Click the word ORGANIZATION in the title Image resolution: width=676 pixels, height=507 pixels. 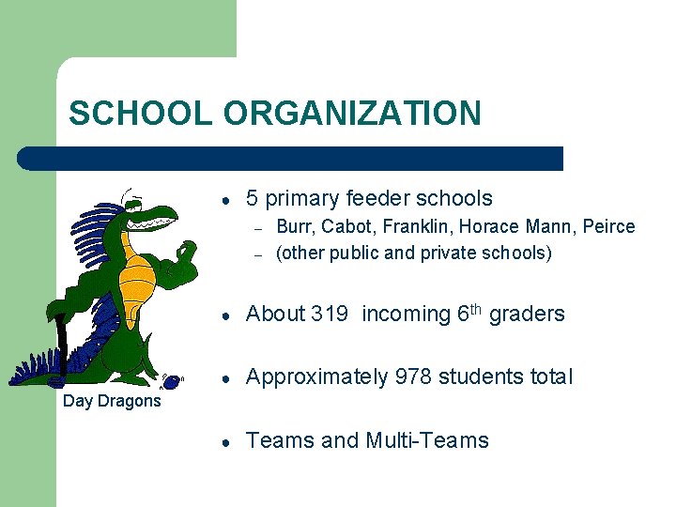coord(352,114)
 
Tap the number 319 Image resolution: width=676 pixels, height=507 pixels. coord(329,315)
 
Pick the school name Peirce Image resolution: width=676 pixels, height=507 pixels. coord(608,227)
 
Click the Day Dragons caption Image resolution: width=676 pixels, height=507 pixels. coord(112,402)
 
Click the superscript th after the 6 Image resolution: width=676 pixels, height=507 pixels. coord(478,308)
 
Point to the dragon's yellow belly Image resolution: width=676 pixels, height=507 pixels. coord(138,282)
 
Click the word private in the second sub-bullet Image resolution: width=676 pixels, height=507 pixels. coord(458,253)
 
